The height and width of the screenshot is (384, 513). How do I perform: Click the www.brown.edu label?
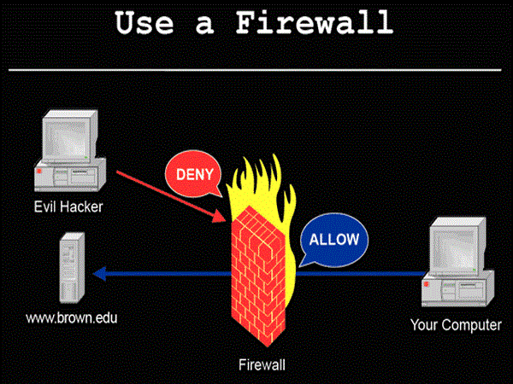[x=71, y=318]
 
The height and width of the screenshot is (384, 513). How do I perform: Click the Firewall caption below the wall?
[x=262, y=365]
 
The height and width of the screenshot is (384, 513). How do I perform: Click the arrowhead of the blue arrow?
[x=99, y=274]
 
